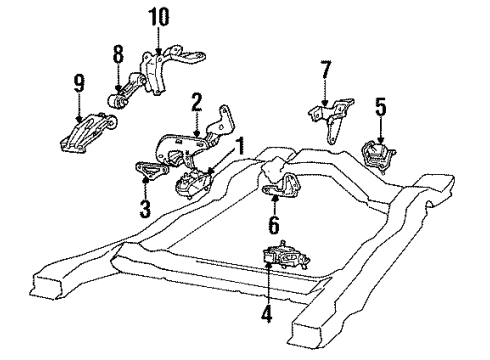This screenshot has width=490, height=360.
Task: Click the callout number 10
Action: pos(160,17)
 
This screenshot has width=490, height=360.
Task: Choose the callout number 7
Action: pos(323,71)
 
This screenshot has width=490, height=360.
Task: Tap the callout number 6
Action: pos(274,228)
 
